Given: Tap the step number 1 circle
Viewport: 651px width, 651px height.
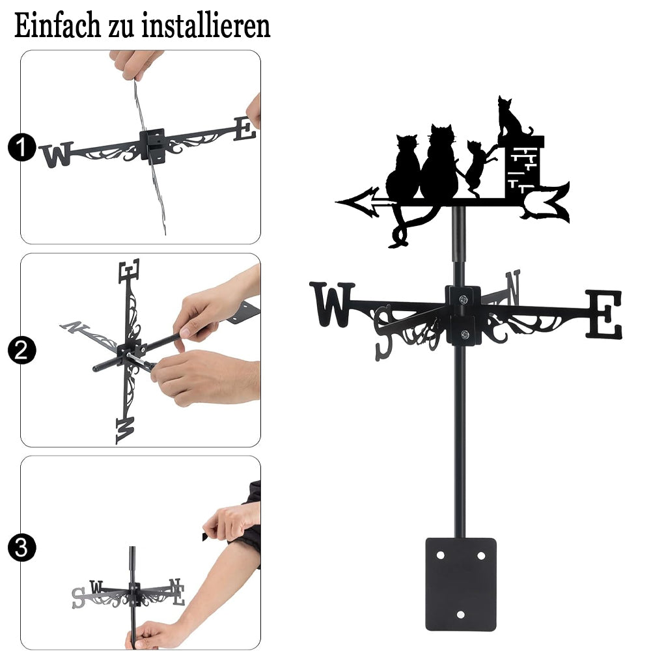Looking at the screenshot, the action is [21, 147].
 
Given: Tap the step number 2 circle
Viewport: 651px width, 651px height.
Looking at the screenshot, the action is [21, 350].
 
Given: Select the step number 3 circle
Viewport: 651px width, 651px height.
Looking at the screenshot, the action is [21, 547].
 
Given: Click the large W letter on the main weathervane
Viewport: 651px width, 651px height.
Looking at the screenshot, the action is [332, 304].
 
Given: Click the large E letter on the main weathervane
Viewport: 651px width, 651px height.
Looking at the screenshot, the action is [604, 314].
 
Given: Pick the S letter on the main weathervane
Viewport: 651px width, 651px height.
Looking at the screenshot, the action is [383, 333].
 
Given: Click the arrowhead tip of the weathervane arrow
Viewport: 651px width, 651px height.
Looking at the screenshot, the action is [337, 202].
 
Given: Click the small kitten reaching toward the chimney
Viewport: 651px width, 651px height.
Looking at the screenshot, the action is [477, 166].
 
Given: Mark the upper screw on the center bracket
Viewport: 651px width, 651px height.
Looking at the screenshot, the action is [464, 299].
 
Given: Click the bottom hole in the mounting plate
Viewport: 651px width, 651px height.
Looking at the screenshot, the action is [460, 615].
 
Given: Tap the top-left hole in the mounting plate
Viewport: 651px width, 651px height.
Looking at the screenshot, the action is [440, 555].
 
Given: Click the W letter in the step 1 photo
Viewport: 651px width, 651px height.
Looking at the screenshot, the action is [57, 154].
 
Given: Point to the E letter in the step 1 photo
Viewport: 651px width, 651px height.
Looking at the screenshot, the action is [245, 129].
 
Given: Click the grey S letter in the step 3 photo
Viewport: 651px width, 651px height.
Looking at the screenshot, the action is [79, 598].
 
